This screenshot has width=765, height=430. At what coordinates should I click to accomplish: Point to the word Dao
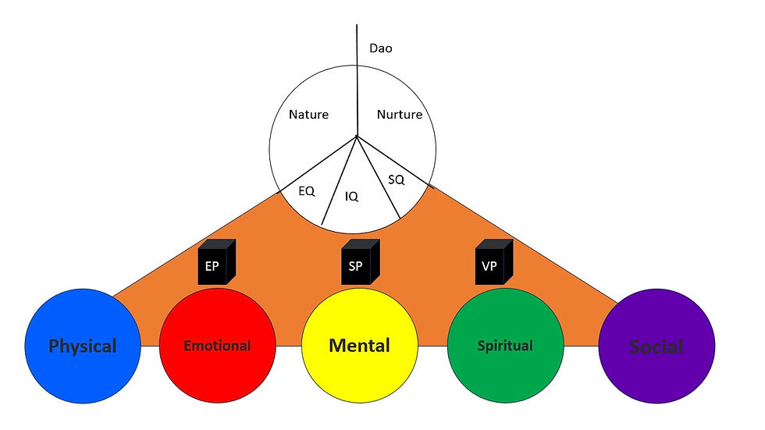click(x=381, y=48)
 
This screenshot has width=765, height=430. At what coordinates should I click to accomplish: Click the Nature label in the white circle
click(x=308, y=115)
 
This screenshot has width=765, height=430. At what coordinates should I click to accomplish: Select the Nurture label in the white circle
click(x=400, y=115)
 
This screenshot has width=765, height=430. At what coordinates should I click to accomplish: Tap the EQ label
click(x=307, y=190)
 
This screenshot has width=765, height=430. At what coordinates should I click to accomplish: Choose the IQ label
click(x=352, y=197)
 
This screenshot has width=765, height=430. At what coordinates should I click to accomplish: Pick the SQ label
click(x=397, y=179)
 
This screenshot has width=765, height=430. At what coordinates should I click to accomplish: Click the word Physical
click(x=82, y=346)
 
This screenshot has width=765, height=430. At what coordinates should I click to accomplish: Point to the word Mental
click(x=360, y=345)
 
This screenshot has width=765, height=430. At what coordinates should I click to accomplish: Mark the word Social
click(x=656, y=346)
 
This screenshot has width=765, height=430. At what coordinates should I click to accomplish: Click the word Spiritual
click(x=504, y=345)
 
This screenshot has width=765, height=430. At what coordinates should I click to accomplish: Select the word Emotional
click(x=217, y=345)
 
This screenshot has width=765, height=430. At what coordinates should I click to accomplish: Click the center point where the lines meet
click(x=358, y=137)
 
